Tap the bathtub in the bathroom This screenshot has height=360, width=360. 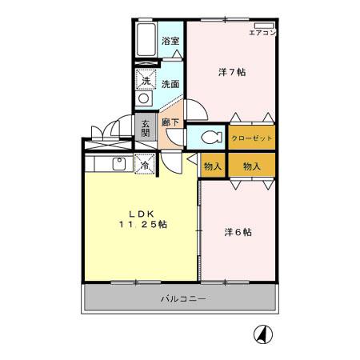pos(145,39)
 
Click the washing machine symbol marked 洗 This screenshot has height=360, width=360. pos(146,80)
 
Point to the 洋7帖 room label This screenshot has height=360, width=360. pos(232,72)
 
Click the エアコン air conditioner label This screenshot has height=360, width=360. pos(262,33)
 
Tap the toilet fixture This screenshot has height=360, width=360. pos(210,137)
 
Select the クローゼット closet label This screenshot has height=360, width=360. pos(252,138)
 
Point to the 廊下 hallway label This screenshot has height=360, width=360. pos(169,122)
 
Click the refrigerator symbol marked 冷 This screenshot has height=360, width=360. pos(146,164)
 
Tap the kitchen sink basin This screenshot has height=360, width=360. pos(118,166)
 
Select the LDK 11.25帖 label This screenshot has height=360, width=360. pos(141,220)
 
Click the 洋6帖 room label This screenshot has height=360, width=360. pos(238,232)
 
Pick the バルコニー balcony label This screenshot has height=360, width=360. pos(182,299)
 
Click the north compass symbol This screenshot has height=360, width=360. pos(261,334)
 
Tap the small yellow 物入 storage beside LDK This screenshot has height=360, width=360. pos(212,166)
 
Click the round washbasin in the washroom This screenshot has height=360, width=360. pos(143,98)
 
